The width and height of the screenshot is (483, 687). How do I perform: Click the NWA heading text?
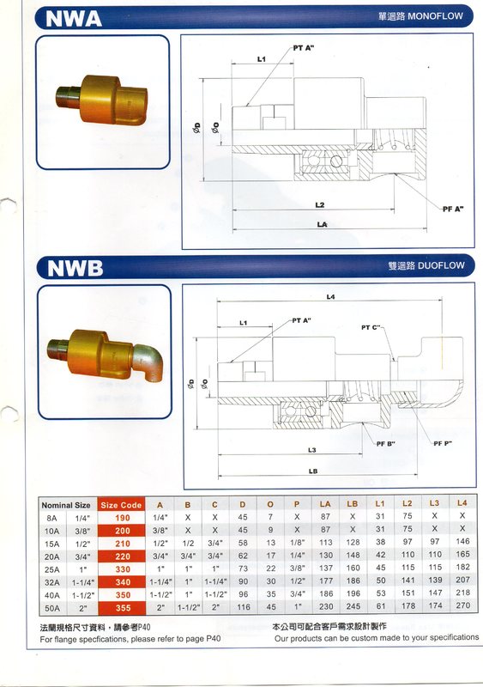[74, 18]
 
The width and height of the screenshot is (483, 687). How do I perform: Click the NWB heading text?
[75, 268]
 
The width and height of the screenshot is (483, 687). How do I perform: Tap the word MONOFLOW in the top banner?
[435, 16]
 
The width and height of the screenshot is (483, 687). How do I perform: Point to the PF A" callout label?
[453, 209]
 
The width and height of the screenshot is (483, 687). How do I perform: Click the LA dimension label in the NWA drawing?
[322, 224]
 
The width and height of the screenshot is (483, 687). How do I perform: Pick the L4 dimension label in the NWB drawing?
[330, 296]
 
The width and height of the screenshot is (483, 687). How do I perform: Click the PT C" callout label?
[371, 327]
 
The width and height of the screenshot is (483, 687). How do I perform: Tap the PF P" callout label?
[443, 443]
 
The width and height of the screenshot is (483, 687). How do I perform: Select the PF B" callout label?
[386, 444]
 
